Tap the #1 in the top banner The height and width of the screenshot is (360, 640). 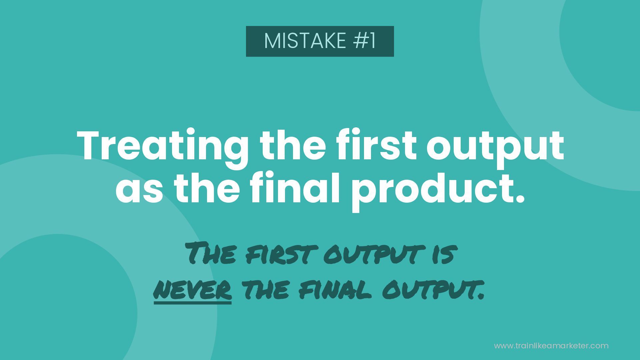point(364,41)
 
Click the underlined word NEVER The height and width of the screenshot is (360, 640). point(193,289)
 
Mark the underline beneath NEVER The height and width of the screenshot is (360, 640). point(193,302)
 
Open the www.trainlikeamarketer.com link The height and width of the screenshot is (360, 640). point(551,346)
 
